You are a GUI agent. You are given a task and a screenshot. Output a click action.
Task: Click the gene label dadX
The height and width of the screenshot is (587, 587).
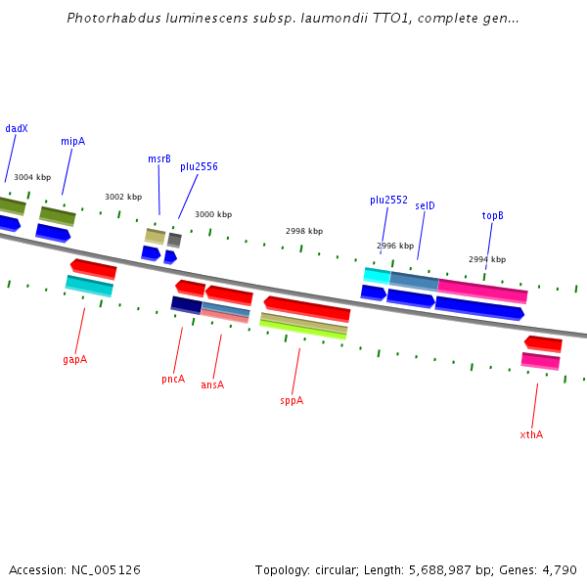[x=17, y=128]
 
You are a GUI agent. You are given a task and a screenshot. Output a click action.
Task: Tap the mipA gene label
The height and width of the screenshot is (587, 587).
[x=72, y=141]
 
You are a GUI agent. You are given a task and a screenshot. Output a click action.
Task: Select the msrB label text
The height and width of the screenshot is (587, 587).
[x=159, y=158]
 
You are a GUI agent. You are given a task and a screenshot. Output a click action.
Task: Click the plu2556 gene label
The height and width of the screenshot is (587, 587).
[x=199, y=166]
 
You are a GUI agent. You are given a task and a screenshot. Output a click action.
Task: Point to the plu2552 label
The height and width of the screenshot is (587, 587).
[x=388, y=200]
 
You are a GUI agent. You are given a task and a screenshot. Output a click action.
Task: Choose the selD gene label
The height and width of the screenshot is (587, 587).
[x=425, y=205]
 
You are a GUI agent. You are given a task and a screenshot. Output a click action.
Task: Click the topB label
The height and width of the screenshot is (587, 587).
[x=492, y=215]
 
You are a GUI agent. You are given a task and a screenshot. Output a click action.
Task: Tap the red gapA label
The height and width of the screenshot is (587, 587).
[x=74, y=359]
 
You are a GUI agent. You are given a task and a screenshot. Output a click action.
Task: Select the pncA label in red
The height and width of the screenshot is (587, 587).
[x=173, y=379]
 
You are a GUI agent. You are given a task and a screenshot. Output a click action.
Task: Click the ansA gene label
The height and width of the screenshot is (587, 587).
[x=212, y=384]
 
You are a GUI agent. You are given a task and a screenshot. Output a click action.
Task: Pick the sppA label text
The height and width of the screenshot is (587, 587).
[x=292, y=400]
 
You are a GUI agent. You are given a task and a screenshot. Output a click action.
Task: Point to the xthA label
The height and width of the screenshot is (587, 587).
[x=531, y=434]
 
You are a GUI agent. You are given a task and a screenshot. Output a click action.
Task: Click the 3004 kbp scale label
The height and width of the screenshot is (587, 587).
[x=32, y=177]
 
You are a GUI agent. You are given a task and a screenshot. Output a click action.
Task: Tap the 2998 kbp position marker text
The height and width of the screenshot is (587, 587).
[x=303, y=231]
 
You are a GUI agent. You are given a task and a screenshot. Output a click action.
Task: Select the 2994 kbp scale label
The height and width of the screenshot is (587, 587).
[x=487, y=259]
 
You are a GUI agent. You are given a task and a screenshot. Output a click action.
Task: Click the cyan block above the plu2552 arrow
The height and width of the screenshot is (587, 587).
[x=377, y=275]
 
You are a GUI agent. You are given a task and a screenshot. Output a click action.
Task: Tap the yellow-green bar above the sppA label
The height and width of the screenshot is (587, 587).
[x=303, y=330]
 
